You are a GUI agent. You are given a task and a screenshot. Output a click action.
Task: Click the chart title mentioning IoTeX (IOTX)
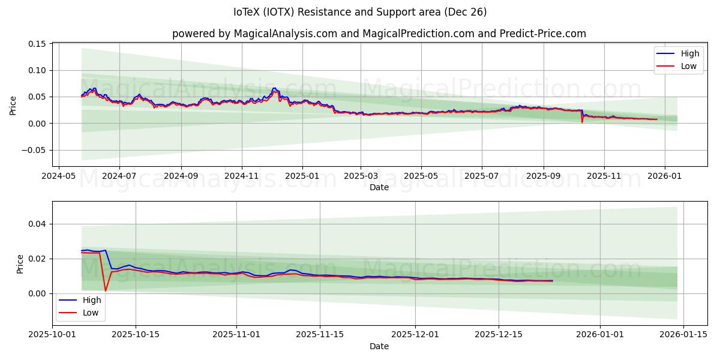(360, 12)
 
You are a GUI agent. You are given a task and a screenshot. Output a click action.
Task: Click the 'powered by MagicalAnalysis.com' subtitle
(379, 34)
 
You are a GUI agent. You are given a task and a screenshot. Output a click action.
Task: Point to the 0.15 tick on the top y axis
(38, 44)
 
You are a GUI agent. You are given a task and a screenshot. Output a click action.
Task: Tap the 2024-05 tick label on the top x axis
(58, 176)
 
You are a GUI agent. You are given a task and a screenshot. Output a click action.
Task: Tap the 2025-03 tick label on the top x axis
(361, 176)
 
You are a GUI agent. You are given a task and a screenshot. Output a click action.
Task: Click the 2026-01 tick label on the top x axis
(665, 176)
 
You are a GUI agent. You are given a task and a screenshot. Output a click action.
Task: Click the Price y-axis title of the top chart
(13, 105)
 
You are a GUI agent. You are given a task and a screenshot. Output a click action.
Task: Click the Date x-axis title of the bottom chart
(379, 346)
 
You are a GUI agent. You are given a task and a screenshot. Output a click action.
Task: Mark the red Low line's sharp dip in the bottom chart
(106, 291)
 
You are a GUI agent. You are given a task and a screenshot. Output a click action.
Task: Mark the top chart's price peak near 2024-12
(274, 88)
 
